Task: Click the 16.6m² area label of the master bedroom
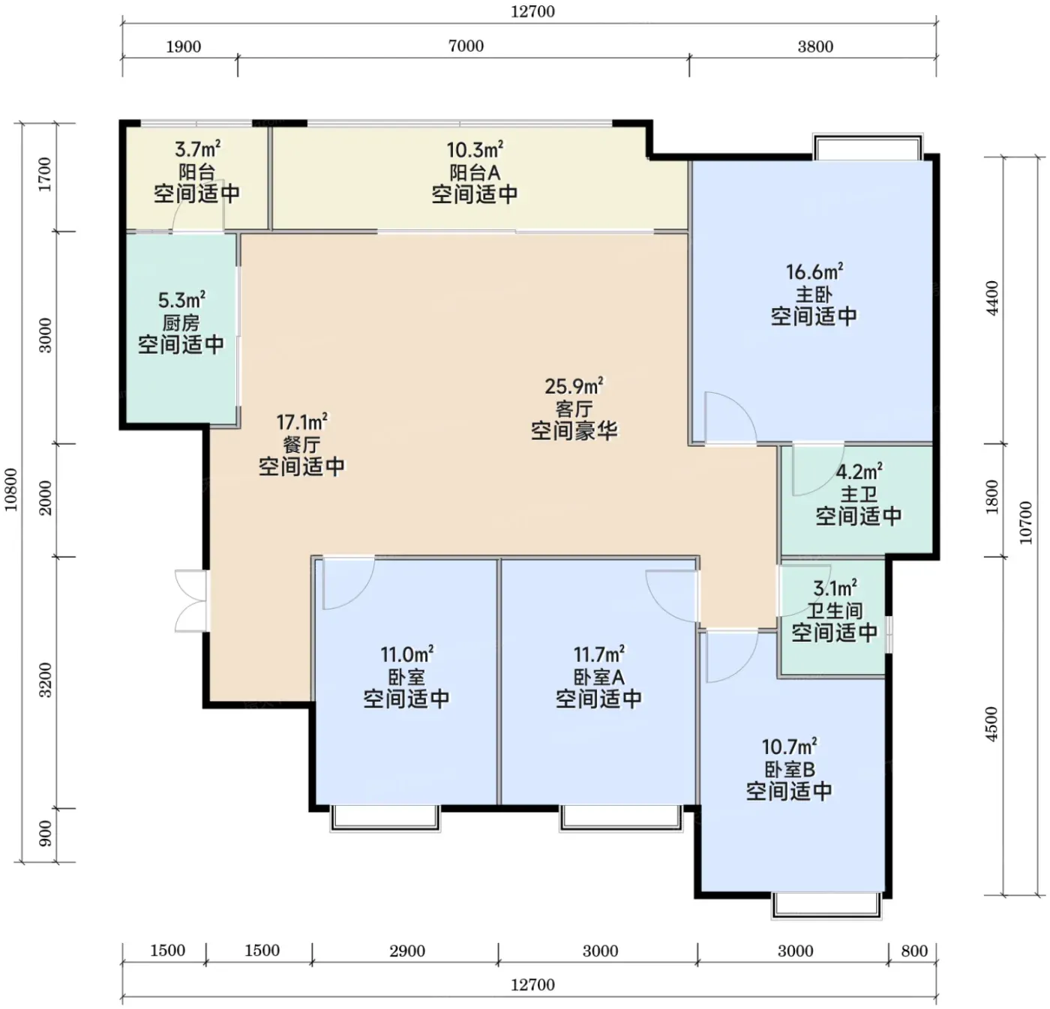814,271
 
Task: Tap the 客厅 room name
574,409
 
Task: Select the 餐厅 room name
301,445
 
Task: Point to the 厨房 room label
181,323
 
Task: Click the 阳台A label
475,172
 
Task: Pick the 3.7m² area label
197,148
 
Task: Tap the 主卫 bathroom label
859,494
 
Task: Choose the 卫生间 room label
835,610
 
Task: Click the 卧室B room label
790,769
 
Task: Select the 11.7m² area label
599,654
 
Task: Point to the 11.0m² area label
406,654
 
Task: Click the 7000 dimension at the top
466,46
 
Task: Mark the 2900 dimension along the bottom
407,951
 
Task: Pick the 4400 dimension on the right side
992,298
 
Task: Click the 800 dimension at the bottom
914,951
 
